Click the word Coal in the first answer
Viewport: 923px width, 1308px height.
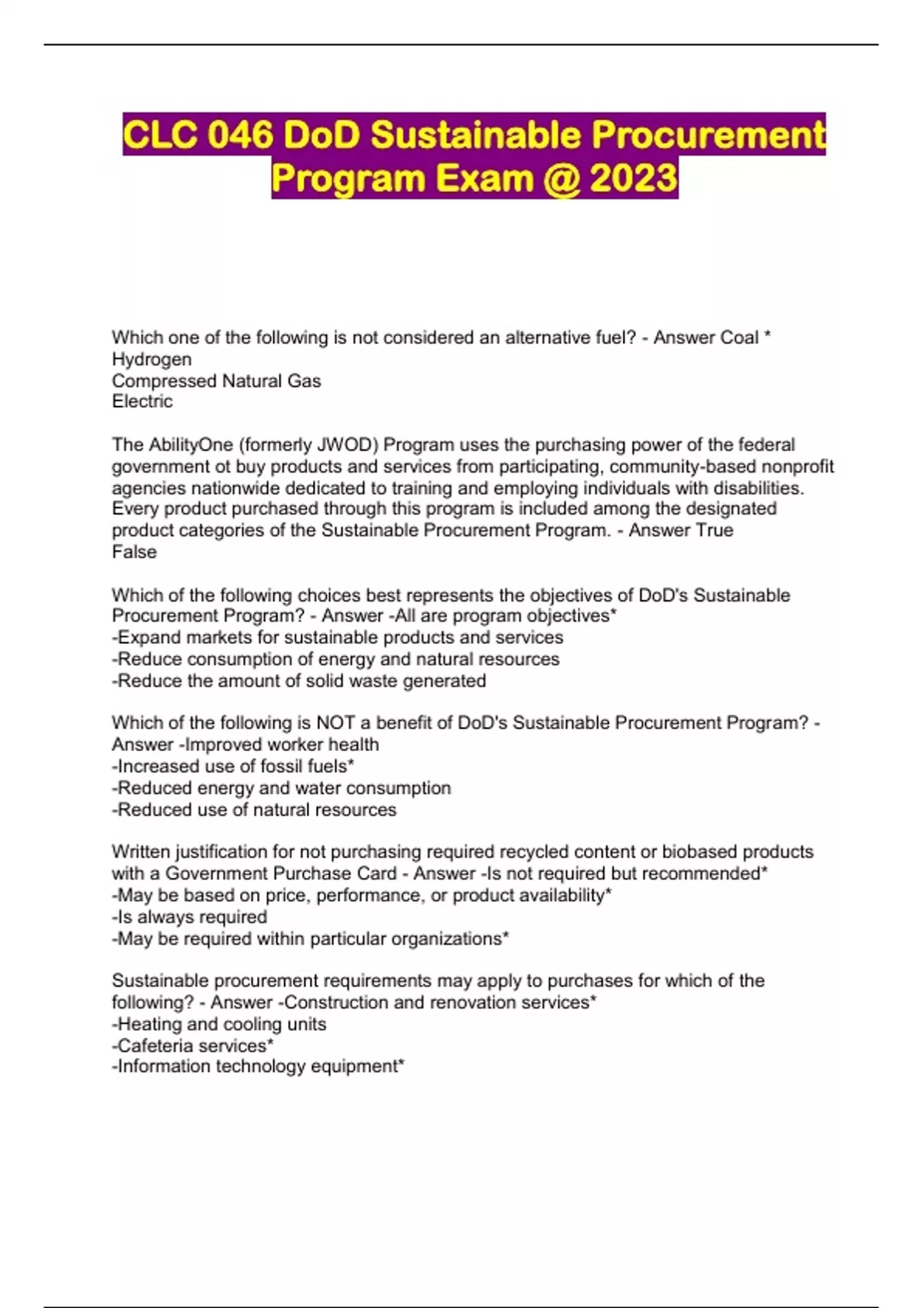coord(738,338)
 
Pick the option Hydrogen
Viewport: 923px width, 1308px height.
coord(152,359)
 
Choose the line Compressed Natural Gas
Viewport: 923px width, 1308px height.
coord(216,381)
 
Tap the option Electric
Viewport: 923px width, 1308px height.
coord(142,402)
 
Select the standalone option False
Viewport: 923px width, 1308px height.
coord(134,552)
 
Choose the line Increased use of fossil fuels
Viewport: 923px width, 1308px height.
coord(233,766)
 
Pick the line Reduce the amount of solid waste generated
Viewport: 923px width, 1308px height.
coord(298,681)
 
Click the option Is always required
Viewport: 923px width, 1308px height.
coord(189,917)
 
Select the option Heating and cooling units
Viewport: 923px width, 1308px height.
coord(219,1024)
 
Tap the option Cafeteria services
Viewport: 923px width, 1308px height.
coord(192,1046)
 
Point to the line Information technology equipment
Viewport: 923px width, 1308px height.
coord(258,1066)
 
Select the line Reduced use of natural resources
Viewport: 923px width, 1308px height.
coord(254,809)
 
